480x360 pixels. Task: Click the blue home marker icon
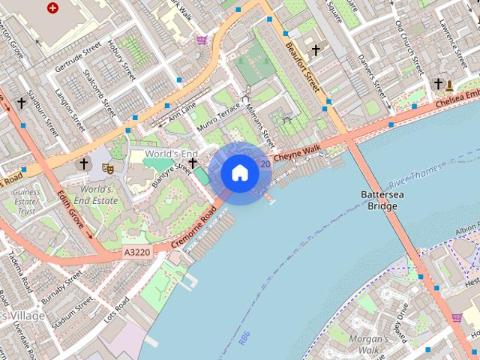(240, 173)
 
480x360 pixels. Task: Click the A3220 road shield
(135, 254)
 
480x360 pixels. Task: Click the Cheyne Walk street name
(297, 154)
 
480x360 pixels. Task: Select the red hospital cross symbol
(52, 8)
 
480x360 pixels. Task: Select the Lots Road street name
(117, 310)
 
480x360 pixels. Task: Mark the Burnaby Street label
(61, 289)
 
